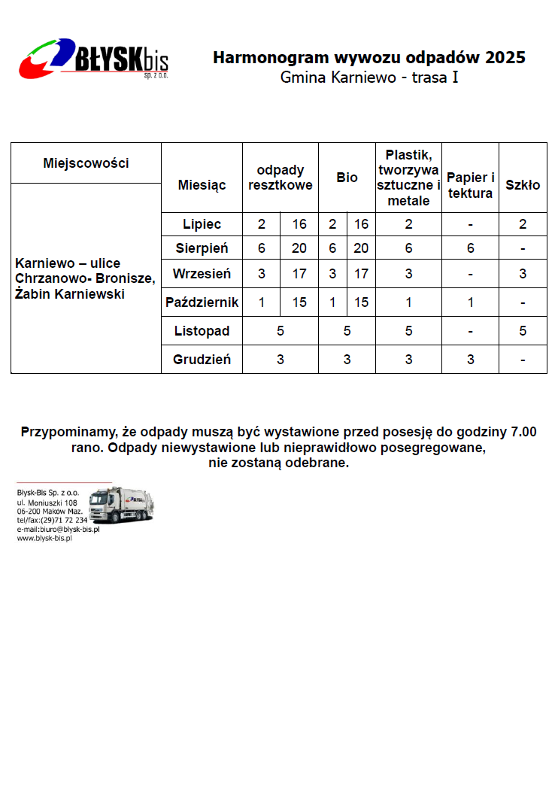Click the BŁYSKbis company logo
94,59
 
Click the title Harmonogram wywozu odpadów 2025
369,58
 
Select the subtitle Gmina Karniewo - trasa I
369,77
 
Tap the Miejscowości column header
86,163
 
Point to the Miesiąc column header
202,185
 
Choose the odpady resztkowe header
281,178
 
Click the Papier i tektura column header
470,185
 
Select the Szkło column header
523,185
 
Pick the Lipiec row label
202,224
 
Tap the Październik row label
202,302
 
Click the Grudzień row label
202,360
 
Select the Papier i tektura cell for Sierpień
470,248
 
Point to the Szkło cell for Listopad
523,331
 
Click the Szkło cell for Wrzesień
523,274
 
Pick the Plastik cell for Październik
408,302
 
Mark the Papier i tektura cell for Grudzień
470,360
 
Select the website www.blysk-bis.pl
44,539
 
